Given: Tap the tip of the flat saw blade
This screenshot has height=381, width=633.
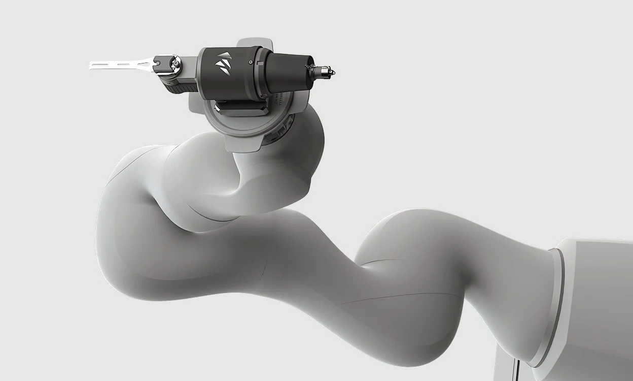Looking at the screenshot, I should coord(91,65).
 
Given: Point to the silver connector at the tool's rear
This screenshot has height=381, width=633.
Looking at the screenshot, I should coord(323,72).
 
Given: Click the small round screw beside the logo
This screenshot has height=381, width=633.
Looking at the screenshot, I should coord(251,62).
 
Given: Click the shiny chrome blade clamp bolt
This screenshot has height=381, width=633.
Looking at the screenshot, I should coord(175,63).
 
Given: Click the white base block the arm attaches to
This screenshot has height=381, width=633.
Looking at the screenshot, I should coord(599,305).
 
